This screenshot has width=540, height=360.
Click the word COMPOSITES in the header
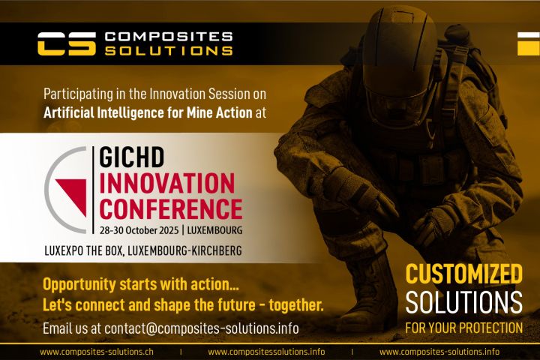click(x=169, y=36)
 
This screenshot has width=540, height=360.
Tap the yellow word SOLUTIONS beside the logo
click(x=169, y=51)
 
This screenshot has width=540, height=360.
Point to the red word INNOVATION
click(x=167, y=183)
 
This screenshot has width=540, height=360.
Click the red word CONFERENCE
click(x=171, y=208)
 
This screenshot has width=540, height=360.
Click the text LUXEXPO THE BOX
click(x=85, y=250)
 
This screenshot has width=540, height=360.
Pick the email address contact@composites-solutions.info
click(x=201, y=328)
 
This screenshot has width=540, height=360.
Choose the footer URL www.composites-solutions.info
click(x=439, y=352)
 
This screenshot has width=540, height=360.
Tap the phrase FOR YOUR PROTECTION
click(x=463, y=328)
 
